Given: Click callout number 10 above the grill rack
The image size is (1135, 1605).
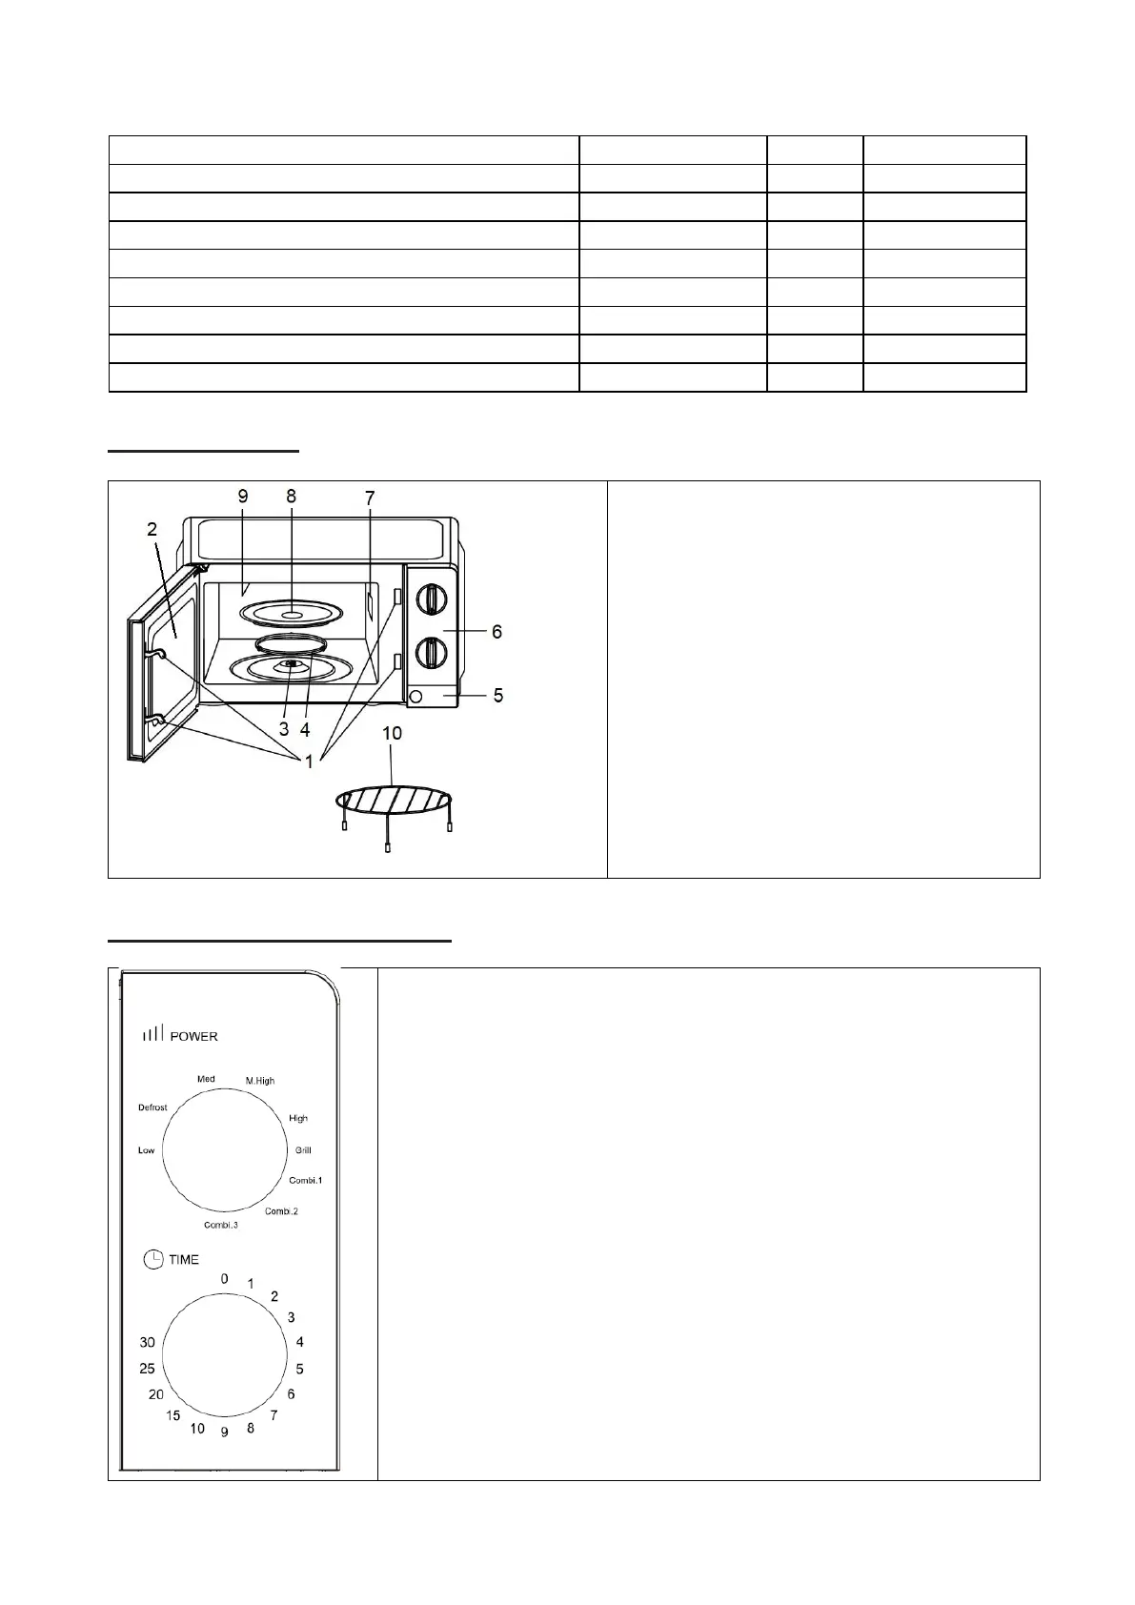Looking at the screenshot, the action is (x=392, y=733).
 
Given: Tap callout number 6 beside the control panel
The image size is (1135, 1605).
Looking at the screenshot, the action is (x=497, y=632).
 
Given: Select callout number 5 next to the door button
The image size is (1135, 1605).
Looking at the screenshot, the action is (x=497, y=696).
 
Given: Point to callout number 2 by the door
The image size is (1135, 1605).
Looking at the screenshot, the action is (x=152, y=529).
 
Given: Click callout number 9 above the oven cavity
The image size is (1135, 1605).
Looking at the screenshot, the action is (x=243, y=496).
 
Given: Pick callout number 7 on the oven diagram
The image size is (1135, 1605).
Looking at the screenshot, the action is (x=370, y=498).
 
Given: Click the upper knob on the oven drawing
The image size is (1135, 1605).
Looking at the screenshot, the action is (x=433, y=599).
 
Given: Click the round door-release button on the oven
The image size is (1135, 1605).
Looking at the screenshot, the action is (x=415, y=697).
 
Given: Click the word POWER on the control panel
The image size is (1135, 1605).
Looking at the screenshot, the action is (x=193, y=1036).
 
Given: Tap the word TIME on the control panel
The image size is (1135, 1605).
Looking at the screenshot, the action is (x=184, y=1260).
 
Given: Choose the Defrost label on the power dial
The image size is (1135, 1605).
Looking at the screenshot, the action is (x=152, y=1107).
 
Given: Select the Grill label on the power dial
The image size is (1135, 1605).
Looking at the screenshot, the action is (x=303, y=1150).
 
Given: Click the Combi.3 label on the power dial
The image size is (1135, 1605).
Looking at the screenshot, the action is (x=221, y=1225).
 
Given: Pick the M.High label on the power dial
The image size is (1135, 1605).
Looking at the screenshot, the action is (x=259, y=1081).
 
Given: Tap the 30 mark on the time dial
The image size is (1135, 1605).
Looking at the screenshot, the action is (x=147, y=1342).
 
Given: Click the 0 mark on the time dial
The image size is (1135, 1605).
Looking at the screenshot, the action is (x=225, y=1279).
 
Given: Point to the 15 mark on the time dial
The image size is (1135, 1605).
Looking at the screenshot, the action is (x=172, y=1415).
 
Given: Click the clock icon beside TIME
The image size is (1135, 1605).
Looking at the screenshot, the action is (x=153, y=1260).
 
